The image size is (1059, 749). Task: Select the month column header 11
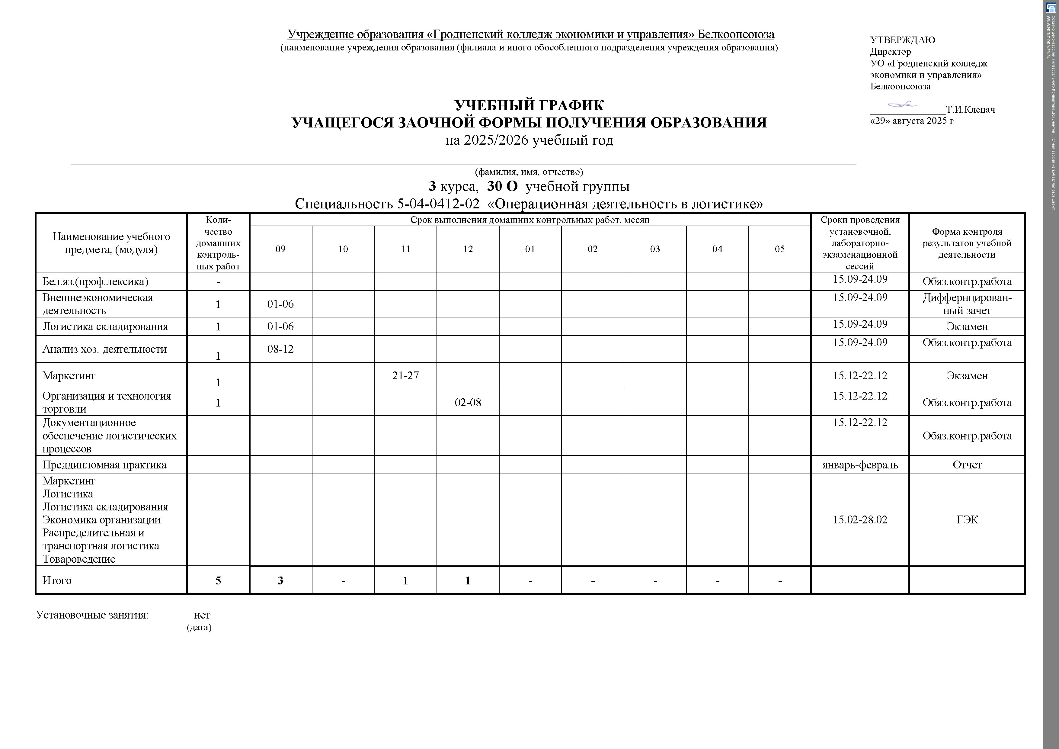(405, 249)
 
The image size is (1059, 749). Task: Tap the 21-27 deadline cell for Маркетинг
(405, 376)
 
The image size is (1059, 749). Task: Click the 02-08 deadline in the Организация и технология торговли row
(468, 402)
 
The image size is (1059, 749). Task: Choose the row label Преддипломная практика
(104, 465)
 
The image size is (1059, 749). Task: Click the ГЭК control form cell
(967, 520)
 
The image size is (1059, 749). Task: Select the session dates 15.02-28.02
(860, 520)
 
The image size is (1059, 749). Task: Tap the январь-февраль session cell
(860, 465)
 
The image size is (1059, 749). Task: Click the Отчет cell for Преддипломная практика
(967, 465)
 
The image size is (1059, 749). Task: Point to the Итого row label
(57, 580)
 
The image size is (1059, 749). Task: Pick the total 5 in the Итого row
(218, 580)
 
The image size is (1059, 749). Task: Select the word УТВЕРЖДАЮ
(902, 40)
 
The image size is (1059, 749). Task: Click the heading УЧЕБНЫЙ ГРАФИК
(529, 105)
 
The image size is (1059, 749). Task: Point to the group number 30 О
(502, 186)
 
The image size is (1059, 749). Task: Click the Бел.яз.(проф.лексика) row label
(95, 281)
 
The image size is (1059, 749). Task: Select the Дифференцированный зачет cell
(967, 304)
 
